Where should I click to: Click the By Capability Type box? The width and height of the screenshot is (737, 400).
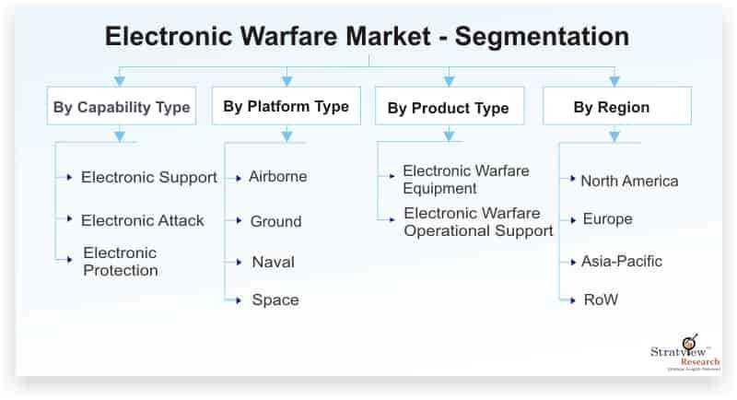click(x=122, y=106)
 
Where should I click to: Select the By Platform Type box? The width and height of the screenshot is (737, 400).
click(x=287, y=106)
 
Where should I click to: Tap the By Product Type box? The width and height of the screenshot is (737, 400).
click(x=450, y=106)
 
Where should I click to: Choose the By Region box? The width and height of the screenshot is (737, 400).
click(x=617, y=106)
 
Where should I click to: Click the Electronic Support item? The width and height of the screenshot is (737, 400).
click(x=149, y=177)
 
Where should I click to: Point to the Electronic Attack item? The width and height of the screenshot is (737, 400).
click(x=143, y=220)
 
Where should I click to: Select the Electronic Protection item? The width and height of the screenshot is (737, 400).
click(x=121, y=262)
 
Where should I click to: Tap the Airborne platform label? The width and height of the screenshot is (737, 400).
click(x=278, y=176)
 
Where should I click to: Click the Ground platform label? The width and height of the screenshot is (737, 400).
click(x=275, y=221)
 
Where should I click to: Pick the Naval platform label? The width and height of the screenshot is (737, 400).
click(x=273, y=262)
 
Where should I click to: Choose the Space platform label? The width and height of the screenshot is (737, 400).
click(x=275, y=300)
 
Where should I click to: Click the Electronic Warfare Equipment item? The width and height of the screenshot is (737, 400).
click(x=466, y=180)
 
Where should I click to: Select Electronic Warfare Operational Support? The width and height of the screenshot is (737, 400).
click(x=478, y=222)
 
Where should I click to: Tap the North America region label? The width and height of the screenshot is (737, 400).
click(x=629, y=181)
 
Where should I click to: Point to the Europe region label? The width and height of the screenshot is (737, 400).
click(x=607, y=219)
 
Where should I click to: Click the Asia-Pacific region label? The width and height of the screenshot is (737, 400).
click(x=621, y=261)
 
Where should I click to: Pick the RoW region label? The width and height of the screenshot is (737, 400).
click(x=601, y=300)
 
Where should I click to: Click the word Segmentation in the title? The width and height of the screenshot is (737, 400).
click(x=542, y=37)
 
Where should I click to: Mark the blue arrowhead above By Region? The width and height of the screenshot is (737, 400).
click(x=614, y=81)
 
